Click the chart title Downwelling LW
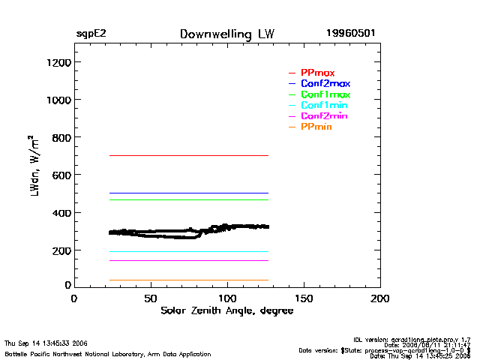226,34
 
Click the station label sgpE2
91,34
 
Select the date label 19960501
351,34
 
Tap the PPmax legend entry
317,73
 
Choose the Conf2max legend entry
325,83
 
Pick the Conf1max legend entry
325,94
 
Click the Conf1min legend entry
324,106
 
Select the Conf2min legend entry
324,116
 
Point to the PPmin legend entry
316,127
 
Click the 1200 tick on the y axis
57,62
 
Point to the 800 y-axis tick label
60,138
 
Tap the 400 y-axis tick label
60,213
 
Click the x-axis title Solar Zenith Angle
226,310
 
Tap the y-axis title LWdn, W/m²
35,166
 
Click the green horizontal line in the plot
187,199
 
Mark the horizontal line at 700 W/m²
187,155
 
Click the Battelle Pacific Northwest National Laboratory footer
107,353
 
